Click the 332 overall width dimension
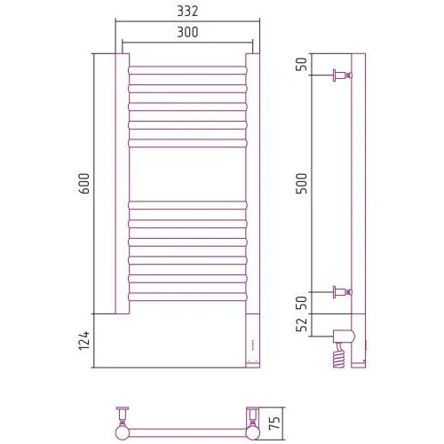click(187, 12)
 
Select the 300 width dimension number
click(187, 32)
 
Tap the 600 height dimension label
click(84, 184)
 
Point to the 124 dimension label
click(84, 340)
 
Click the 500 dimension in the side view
click(302, 184)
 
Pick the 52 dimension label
click(302, 325)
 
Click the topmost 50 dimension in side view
click(302, 64)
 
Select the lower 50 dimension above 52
click(302, 302)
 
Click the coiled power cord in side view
click(339, 355)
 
